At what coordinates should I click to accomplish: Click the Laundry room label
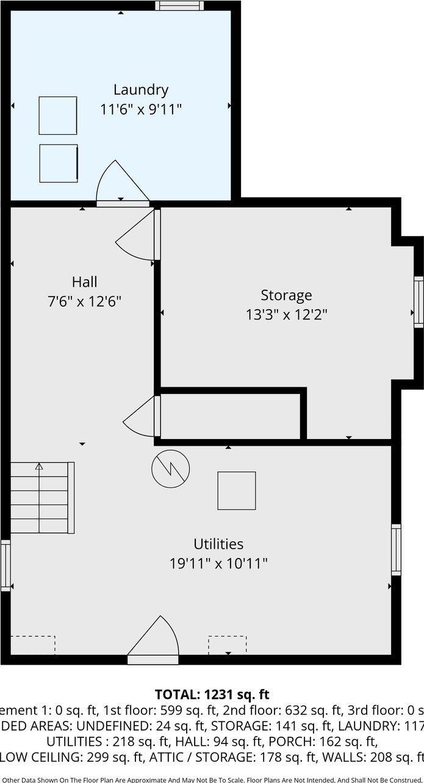coord(141,90)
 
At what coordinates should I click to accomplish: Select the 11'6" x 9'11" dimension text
coord(141,110)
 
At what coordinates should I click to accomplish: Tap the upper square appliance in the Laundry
coord(58,115)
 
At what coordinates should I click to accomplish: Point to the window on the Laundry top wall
coord(178,6)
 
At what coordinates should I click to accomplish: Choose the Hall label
coord(84,282)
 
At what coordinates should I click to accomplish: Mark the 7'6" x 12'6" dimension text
coord(84,301)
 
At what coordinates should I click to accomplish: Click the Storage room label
coord(286,295)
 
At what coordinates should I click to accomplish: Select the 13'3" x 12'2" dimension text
coord(286,315)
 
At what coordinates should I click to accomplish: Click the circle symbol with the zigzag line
coord(170,468)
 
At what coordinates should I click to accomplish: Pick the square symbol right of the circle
coord(237,490)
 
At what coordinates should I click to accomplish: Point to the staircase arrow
coord(39,468)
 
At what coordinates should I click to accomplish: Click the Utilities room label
coord(218,543)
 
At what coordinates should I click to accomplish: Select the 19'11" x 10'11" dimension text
coord(218,563)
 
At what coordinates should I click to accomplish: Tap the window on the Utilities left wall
coord(5,565)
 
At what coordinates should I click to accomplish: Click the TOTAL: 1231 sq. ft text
coord(212,694)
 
